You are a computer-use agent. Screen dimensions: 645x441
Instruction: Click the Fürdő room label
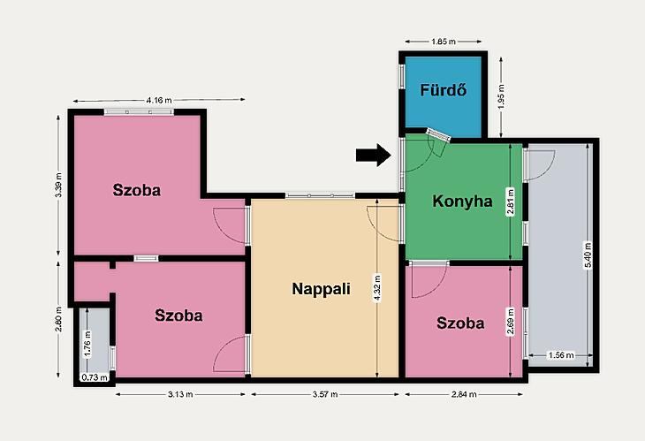[x=443, y=90]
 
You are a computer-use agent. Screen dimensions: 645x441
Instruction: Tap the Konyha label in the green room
[x=462, y=201]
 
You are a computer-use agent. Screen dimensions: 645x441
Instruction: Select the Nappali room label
[x=321, y=289]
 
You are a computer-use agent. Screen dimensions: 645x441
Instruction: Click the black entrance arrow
[x=373, y=155]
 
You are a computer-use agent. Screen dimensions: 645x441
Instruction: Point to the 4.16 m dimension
[x=159, y=100]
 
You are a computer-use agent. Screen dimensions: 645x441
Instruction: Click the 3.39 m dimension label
[x=58, y=185]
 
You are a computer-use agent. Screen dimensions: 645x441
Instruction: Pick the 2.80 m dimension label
[x=58, y=319]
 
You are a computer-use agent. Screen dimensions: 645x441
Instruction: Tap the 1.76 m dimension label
[x=87, y=344]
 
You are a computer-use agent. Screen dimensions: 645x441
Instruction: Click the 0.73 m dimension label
[x=95, y=377]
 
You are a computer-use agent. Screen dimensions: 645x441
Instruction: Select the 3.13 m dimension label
[x=180, y=394]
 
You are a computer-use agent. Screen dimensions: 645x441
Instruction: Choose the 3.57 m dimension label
[x=325, y=394]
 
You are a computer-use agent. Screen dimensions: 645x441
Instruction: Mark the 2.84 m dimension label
[x=464, y=394]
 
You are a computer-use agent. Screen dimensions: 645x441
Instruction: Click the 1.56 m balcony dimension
[x=561, y=354]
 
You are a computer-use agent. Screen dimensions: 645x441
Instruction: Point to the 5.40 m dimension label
[x=588, y=255]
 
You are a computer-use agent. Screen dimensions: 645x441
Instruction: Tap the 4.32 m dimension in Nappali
[x=377, y=287]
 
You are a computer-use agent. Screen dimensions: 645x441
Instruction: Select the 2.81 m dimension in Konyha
[x=511, y=201]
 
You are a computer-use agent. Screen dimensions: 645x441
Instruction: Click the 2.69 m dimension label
[x=511, y=322]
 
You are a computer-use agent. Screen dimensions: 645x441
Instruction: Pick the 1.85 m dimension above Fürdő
[x=444, y=42]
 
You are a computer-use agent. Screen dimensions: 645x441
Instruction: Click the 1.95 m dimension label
[x=501, y=96]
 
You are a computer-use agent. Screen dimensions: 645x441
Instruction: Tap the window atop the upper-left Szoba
[x=139, y=112]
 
